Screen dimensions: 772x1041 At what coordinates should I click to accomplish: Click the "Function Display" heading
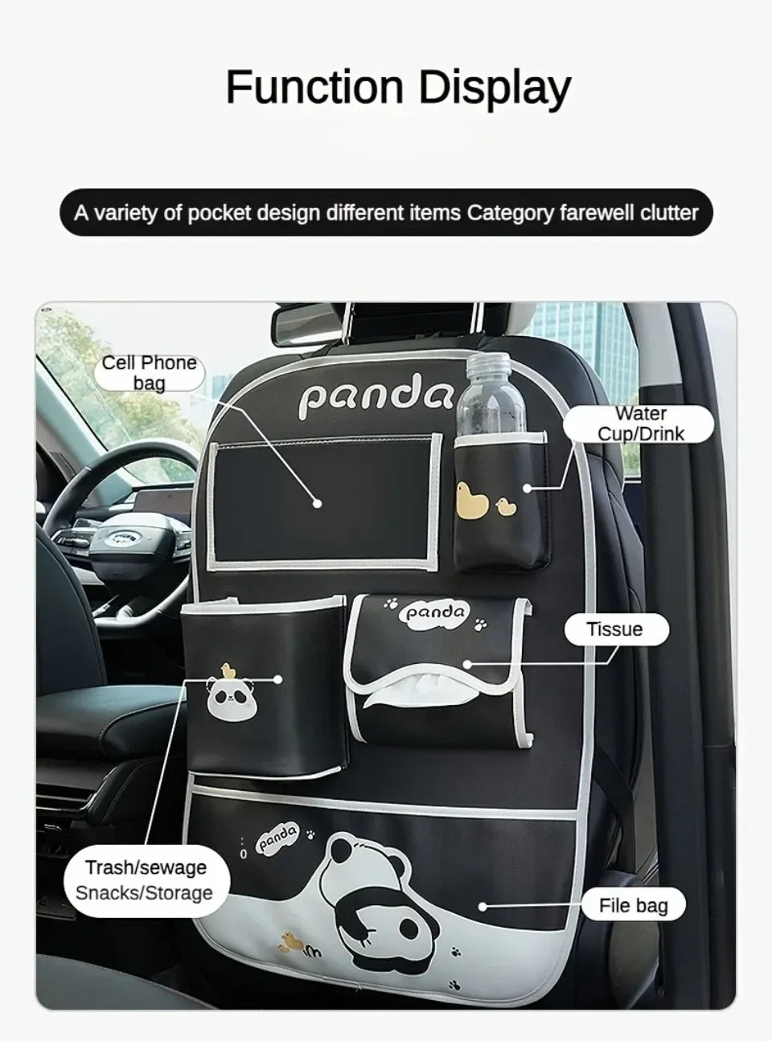click(398, 88)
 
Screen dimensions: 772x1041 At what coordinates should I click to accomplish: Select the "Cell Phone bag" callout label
click(149, 373)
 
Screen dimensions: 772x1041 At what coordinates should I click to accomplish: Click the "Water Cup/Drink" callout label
click(639, 424)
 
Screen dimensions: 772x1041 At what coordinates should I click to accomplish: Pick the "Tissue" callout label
click(616, 629)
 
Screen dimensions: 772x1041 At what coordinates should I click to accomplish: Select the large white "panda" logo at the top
click(376, 397)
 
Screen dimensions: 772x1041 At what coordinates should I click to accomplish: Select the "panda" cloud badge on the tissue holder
click(435, 612)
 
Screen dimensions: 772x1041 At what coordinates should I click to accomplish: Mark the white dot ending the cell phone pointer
click(318, 503)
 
